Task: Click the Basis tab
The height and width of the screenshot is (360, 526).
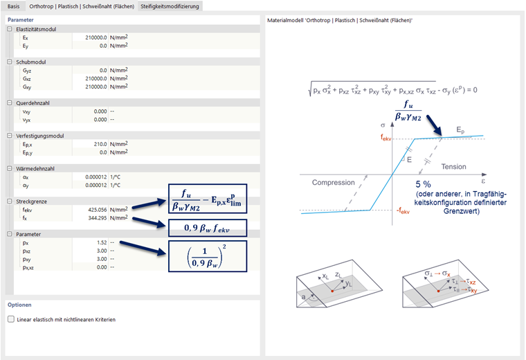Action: click(x=14, y=6)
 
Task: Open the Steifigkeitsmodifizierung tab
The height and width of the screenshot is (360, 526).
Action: click(x=170, y=6)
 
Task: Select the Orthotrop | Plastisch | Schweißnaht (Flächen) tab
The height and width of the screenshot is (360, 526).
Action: click(x=82, y=6)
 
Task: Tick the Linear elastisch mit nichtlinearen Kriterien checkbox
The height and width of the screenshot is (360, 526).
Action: click(x=10, y=320)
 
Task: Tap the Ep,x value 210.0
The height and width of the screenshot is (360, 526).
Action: click(x=98, y=143)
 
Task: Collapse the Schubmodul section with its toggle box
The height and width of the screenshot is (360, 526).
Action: click(x=10, y=62)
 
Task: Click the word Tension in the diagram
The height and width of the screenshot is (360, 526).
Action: click(x=453, y=167)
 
